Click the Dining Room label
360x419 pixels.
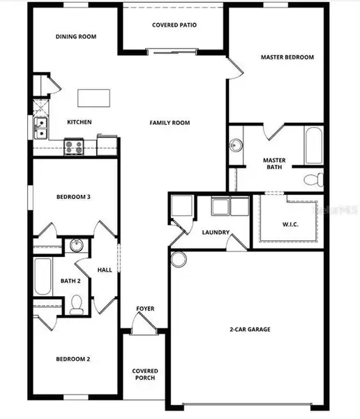(76, 36)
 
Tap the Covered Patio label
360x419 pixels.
(174, 25)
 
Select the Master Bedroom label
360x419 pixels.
(287, 57)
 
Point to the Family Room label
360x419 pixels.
(170, 123)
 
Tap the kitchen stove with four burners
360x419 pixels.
(74, 147)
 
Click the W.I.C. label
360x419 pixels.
(290, 225)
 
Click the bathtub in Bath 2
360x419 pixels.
(41, 277)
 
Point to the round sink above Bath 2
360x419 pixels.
(77, 246)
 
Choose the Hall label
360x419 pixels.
(105, 270)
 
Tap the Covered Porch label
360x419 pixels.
(145, 374)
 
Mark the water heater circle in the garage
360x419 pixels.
(179, 259)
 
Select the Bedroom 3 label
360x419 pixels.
(74, 198)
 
